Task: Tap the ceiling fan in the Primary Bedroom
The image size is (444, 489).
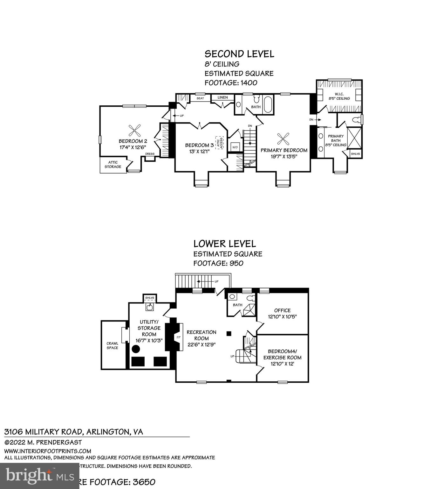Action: point(283,138)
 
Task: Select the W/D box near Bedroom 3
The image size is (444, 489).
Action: point(235,147)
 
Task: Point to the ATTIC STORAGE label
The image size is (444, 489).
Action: point(113,165)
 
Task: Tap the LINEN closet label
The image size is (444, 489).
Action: point(222,97)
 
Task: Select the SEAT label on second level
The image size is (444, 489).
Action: point(200,98)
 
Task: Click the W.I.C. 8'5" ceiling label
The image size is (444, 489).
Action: point(339,96)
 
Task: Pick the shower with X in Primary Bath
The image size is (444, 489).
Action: point(354,138)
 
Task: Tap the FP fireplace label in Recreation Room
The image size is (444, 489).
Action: point(179,337)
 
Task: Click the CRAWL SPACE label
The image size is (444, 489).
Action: point(113,345)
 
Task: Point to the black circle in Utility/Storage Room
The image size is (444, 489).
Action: point(136,349)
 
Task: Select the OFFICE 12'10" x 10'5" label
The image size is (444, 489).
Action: point(282,313)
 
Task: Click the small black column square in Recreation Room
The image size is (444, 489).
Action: point(229,333)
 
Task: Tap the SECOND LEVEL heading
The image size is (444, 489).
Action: point(239,54)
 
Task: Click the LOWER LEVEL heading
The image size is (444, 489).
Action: point(224,244)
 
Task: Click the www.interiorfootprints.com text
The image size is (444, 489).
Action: point(48,451)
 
